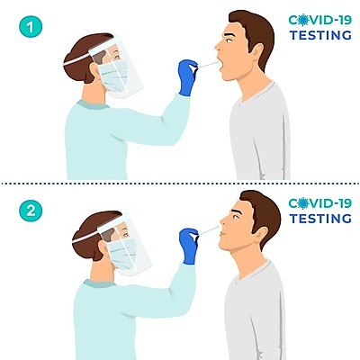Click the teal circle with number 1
pos(31,27)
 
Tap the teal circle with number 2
pos(31,211)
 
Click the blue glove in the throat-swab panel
pos(187,77)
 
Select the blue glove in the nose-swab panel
pos(189,246)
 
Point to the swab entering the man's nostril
pos(210,230)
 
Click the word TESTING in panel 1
pos(320,35)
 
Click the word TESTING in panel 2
pos(320,219)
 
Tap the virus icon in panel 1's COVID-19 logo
pos(303,20)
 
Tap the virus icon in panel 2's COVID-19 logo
pos(303,203)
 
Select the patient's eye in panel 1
pos(229,40)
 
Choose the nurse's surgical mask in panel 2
pos(121,254)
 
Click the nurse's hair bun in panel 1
pos(71,67)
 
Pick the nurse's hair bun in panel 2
pos(79,245)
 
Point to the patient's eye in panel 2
pos(237,217)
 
